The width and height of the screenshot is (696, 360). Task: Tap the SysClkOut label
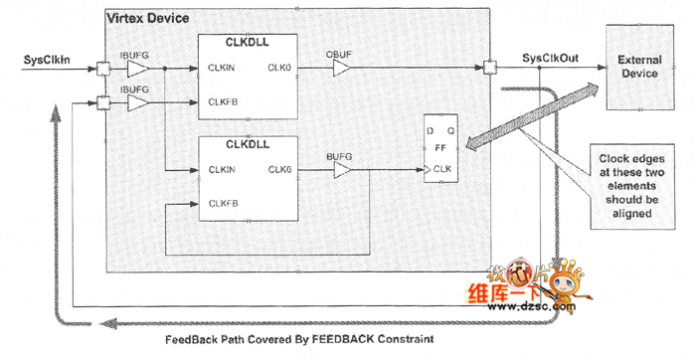click(551, 60)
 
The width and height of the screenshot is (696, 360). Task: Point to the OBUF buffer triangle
click(341, 69)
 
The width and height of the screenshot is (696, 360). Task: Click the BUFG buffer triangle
click(341, 170)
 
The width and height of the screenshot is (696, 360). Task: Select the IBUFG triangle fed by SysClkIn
click(137, 69)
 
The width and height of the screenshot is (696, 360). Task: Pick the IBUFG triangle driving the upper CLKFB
click(137, 101)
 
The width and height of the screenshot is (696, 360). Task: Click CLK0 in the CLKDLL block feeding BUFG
click(278, 170)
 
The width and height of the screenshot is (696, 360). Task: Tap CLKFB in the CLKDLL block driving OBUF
click(223, 101)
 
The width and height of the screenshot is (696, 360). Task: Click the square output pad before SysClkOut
click(489, 69)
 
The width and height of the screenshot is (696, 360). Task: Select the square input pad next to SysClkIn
click(103, 69)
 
